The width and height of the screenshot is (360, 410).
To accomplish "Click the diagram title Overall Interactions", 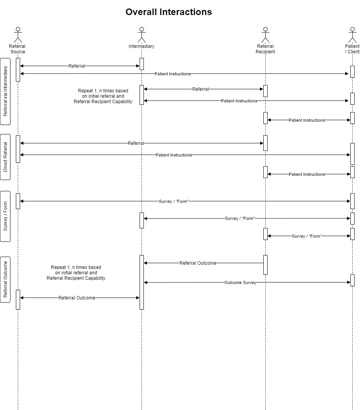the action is pyautogui.click(x=169, y=12).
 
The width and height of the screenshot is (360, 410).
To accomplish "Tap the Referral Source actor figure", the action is pyautogui.click(x=18, y=35).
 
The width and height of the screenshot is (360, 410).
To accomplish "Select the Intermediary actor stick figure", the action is pyautogui.click(x=142, y=35).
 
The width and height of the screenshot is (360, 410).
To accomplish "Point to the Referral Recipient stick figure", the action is pyautogui.click(x=265, y=35).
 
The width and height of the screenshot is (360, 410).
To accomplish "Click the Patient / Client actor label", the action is pyautogui.click(x=352, y=49).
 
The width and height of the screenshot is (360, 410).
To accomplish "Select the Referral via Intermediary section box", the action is pyautogui.click(x=5, y=91).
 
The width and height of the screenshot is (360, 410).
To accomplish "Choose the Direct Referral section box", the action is pyautogui.click(x=5, y=157).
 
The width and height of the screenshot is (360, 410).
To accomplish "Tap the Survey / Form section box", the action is pyautogui.click(x=5, y=216).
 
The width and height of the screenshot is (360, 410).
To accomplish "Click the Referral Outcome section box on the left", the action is pyautogui.click(x=5, y=279).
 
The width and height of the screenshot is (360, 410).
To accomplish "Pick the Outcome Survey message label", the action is pyautogui.click(x=240, y=282).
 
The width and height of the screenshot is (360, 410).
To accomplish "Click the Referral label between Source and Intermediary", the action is pyautogui.click(x=77, y=66).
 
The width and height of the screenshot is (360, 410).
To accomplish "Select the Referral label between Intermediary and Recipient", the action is pyautogui.click(x=200, y=89).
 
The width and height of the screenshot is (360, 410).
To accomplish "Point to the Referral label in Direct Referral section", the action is pyautogui.click(x=136, y=143).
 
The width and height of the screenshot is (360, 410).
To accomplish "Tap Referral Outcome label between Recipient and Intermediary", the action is pyautogui.click(x=198, y=263).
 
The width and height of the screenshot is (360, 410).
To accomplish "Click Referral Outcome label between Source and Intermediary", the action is pyautogui.click(x=77, y=298).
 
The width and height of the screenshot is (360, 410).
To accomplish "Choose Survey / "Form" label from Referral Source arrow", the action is pyautogui.click(x=174, y=201).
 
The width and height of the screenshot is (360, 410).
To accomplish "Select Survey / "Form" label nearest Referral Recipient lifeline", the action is pyautogui.click(x=307, y=236).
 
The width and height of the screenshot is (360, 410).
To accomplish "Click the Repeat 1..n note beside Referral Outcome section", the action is pyautogui.click(x=76, y=273).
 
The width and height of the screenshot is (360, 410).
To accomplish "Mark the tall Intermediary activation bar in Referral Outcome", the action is pyautogui.click(x=142, y=282).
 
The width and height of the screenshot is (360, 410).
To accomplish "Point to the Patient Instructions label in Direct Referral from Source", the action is pyautogui.click(x=174, y=155).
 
